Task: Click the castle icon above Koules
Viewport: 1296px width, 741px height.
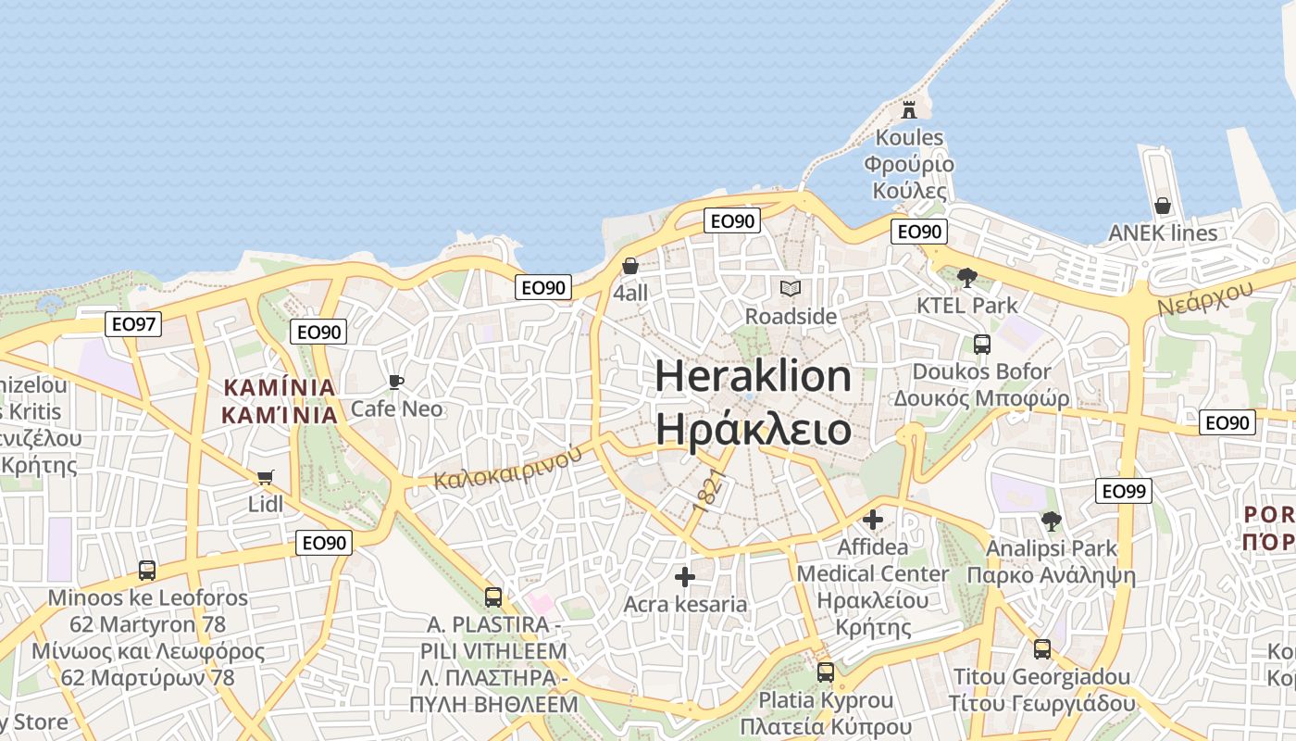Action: pyautogui.click(x=909, y=109)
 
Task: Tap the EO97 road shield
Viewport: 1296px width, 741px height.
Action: pyautogui.click(x=133, y=324)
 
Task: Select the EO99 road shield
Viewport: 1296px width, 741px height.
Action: pyautogui.click(x=1124, y=491)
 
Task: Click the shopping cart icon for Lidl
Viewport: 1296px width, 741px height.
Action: pyautogui.click(x=266, y=477)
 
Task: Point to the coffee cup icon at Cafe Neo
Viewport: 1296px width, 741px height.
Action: pyautogui.click(x=396, y=382)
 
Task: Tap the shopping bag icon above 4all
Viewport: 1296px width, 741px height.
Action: pyautogui.click(x=630, y=266)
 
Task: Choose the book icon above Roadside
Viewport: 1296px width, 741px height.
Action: pyautogui.click(x=790, y=289)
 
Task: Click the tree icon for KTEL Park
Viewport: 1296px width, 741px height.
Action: pyautogui.click(x=967, y=277)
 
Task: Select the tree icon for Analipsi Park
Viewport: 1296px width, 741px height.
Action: pyautogui.click(x=1051, y=521)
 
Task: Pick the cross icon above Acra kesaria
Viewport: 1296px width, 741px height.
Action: pyautogui.click(x=685, y=577)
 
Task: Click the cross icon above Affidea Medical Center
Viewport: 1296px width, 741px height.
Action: pyautogui.click(x=873, y=520)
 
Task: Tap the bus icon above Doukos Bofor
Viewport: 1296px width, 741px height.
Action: pyautogui.click(x=982, y=345)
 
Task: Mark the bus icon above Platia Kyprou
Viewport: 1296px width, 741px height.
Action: pyautogui.click(x=826, y=672)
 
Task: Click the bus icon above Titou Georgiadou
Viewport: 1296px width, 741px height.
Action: pyautogui.click(x=1042, y=649)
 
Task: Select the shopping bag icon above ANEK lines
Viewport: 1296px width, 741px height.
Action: pyautogui.click(x=1163, y=206)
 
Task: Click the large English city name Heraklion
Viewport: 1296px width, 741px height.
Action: pyautogui.click(x=754, y=376)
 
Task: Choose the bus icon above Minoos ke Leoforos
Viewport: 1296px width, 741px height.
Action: pyautogui.click(x=147, y=571)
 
